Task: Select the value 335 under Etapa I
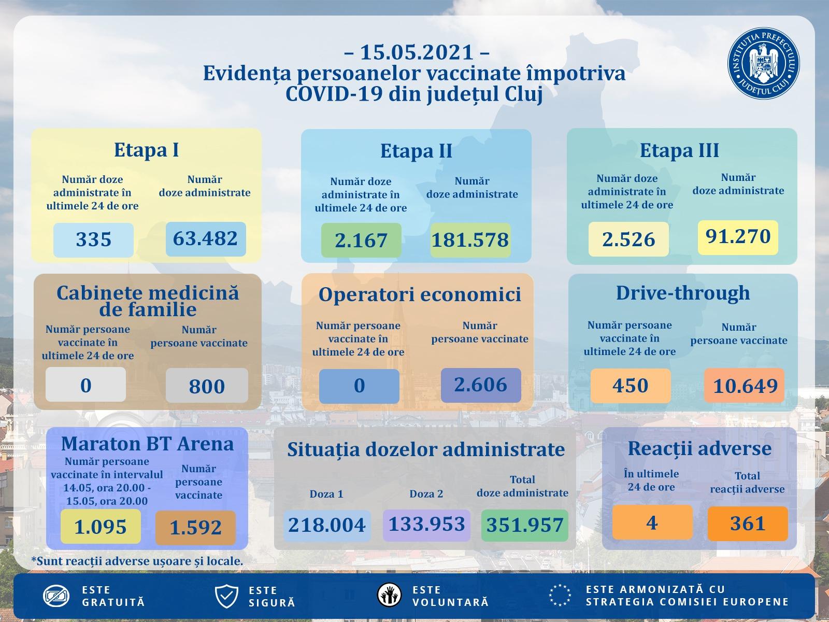coord(93,240)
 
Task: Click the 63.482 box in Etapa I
coord(206,239)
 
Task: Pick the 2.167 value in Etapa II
coord(361,241)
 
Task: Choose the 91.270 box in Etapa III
coord(738,237)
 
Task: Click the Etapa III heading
coord(679,150)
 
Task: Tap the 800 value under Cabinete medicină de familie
coord(207,386)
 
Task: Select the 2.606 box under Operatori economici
coord(481,385)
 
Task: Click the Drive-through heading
coord(683,293)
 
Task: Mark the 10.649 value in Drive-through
coord(745,386)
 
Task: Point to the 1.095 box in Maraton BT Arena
coord(101,527)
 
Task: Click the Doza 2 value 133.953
coord(426,525)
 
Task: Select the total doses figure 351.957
coord(525,525)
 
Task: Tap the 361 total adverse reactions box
coord(748,523)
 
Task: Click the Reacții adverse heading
coord(699,448)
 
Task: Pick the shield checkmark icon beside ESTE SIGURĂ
coord(226,597)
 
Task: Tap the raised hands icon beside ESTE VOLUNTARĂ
coord(389,595)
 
